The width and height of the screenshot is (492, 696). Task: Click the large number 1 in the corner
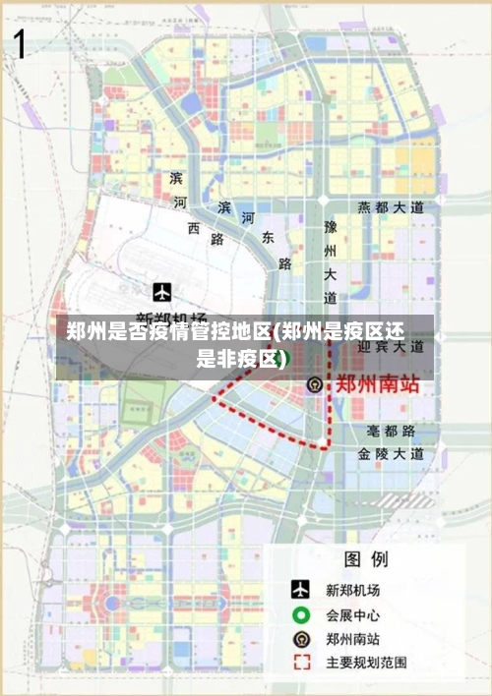pyautogui.click(x=19, y=45)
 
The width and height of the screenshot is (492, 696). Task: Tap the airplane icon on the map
pyautogui.click(x=163, y=292)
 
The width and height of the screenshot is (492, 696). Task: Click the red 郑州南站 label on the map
pyautogui.click(x=378, y=383)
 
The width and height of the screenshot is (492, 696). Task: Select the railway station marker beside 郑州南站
pyautogui.click(x=314, y=384)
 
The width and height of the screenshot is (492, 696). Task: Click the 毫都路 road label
pyautogui.click(x=391, y=432)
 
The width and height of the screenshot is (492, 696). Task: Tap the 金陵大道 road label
pyautogui.click(x=391, y=454)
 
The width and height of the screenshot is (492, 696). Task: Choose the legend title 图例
pyautogui.click(x=365, y=560)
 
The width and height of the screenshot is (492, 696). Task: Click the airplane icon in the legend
pyautogui.click(x=300, y=590)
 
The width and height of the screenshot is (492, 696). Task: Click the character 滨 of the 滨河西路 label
pyautogui.click(x=176, y=178)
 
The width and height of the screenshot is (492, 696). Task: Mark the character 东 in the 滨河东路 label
pyautogui.click(x=268, y=238)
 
